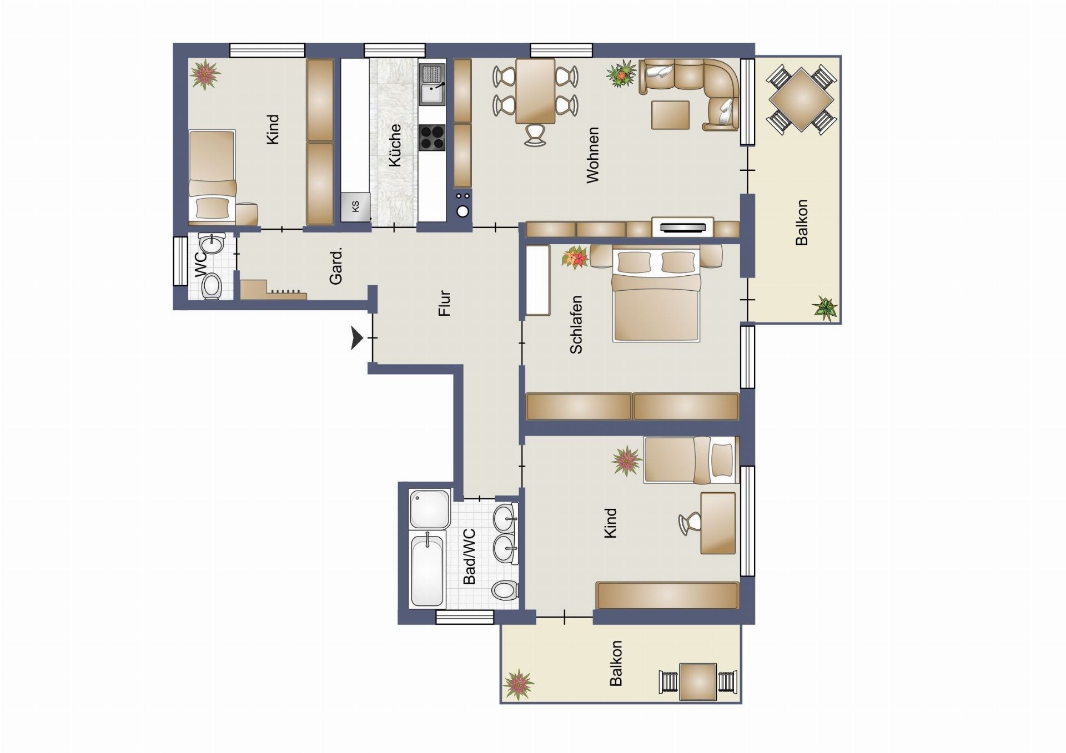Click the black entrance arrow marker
(356, 338)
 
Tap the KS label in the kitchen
(355, 206)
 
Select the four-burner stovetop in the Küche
(433, 138)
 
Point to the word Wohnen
(593, 155)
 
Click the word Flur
(444, 304)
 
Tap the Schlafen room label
(576, 325)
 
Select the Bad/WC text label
(469, 557)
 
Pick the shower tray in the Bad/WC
(430, 508)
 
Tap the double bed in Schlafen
(656, 295)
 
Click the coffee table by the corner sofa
(670, 115)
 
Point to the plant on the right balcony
(825, 309)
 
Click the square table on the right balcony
(802, 99)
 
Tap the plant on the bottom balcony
(518, 684)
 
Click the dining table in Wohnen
(535, 91)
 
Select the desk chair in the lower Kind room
(689, 523)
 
